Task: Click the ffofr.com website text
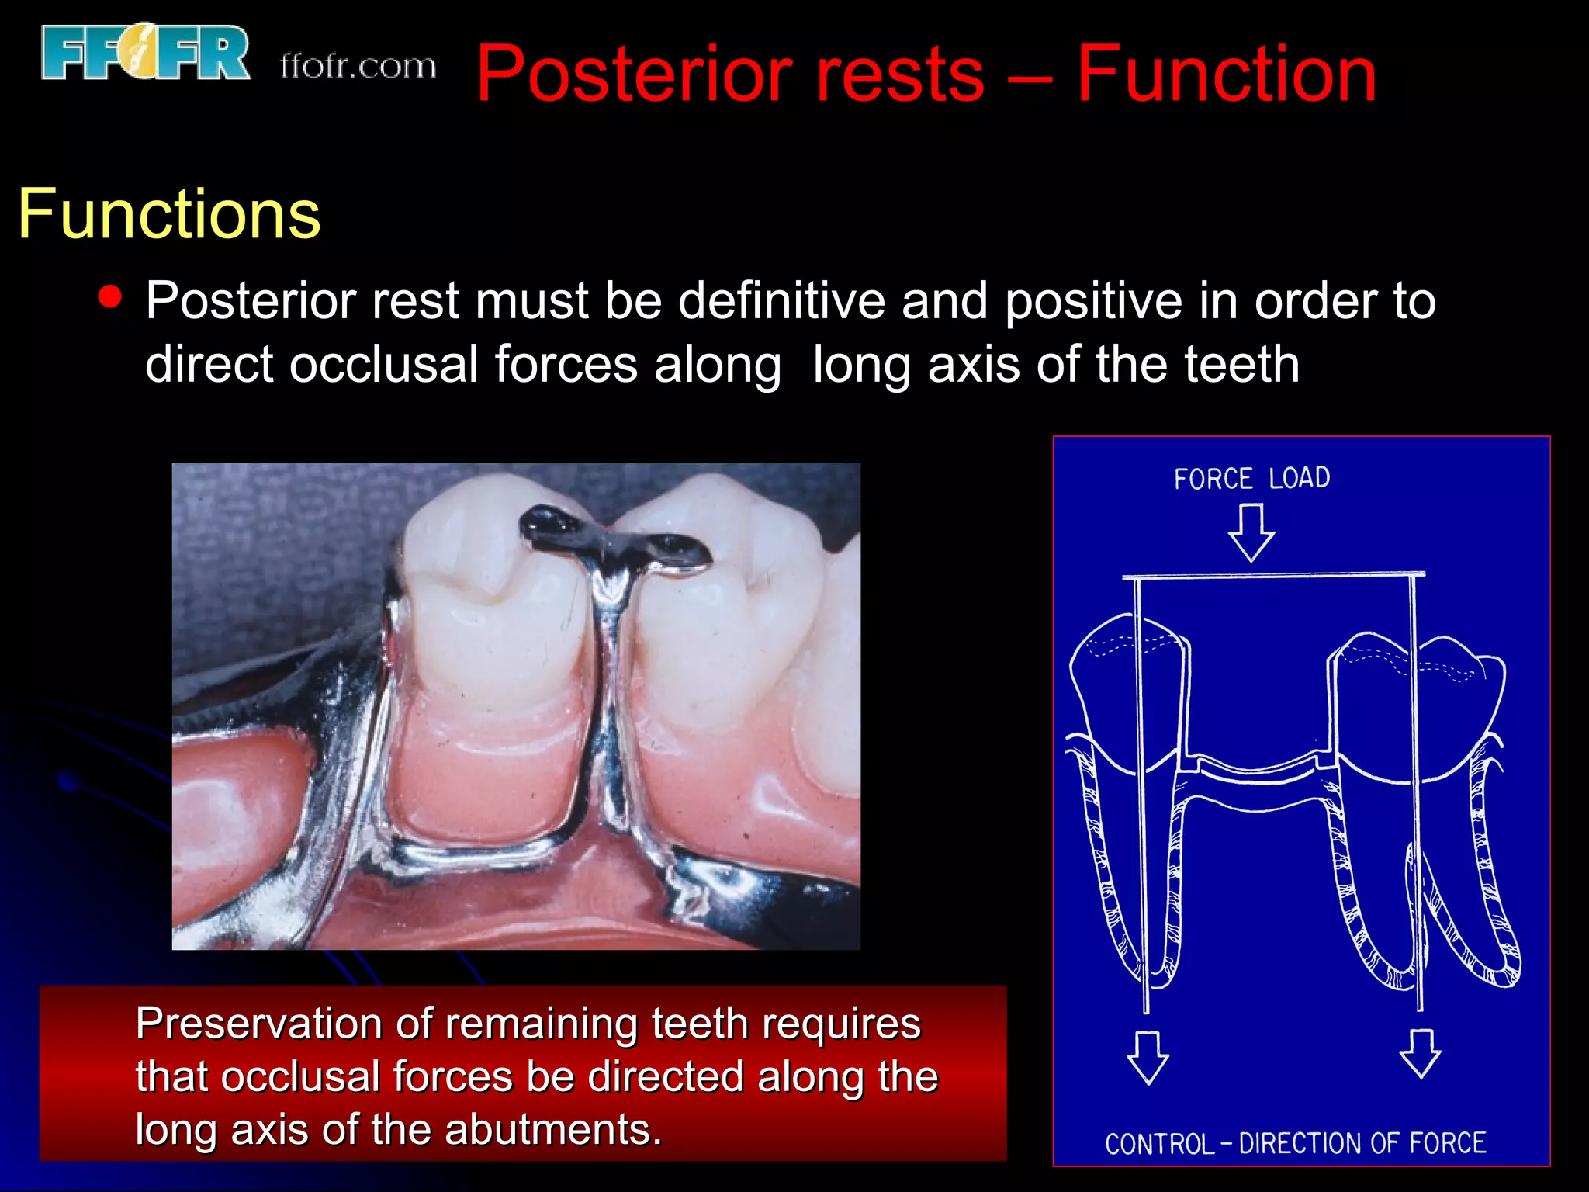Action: [x=358, y=66]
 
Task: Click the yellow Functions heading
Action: [x=169, y=214]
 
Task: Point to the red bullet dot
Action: [x=111, y=297]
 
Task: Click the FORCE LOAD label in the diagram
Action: [x=1251, y=478]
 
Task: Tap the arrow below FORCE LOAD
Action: [x=1251, y=533]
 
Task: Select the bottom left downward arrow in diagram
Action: [x=1148, y=1057]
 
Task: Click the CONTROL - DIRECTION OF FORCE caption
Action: [x=1295, y=1143]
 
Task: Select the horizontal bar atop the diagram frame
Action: [x=1272, y=576]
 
